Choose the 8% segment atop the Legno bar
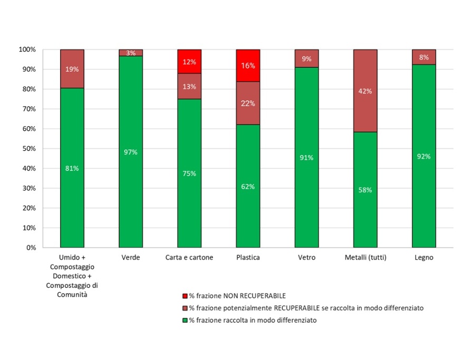[424, 57]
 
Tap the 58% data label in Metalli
[365, 190]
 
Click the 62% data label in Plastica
[248, 186]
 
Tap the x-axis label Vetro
[306, 258]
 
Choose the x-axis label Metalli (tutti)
[365, 258]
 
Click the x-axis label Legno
[424, 258]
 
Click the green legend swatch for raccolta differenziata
[184, 320]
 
